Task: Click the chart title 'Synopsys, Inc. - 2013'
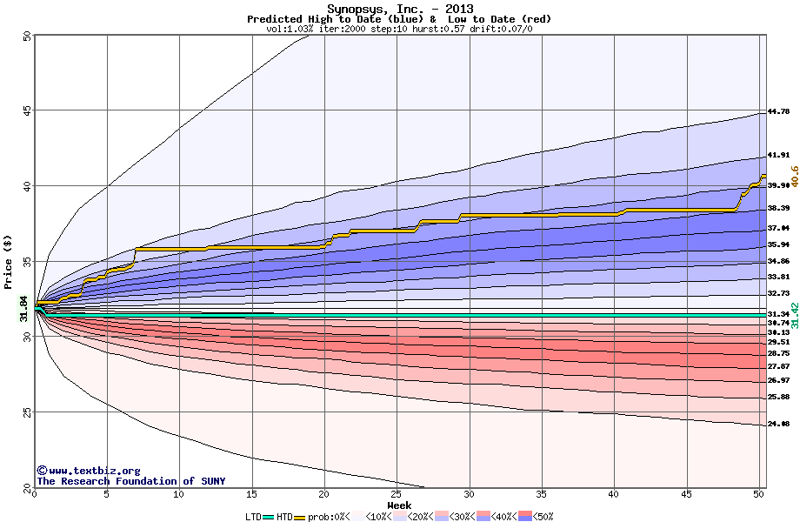[400, 9]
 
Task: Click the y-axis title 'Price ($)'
[9, 261]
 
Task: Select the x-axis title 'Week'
[399, 505]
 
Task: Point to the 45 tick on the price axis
[27, 110]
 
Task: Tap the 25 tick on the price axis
[27, 412]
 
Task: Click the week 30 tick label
[470, 494]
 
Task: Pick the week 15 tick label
[251, 494]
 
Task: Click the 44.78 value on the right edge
[778, 111]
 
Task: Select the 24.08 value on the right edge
[778, 424]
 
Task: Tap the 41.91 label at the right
[778, 155]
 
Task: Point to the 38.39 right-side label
[778, 208]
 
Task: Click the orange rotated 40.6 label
[793, 177]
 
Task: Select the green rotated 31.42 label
[793, 313]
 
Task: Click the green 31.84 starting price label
[24, 308]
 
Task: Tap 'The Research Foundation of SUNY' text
[130, 481]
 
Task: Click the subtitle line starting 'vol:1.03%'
[400, 29]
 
